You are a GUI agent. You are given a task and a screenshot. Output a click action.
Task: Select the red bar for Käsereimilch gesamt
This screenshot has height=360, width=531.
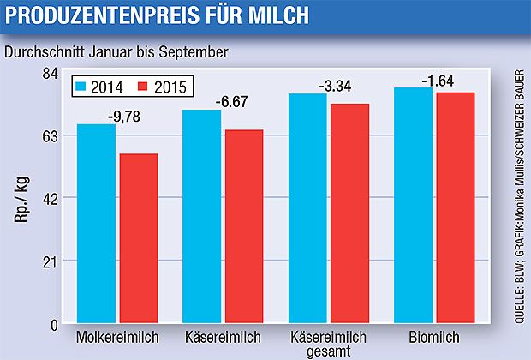pyautogui.click(x=349, y=213)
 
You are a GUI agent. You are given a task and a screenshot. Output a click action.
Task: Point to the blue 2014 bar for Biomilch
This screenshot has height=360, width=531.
pyautogui.click(x=414, y=206)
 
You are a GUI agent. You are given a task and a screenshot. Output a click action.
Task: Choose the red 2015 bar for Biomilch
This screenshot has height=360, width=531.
pyautogui.click(x=456, y=208)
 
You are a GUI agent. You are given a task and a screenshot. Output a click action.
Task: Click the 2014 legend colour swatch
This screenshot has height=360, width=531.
pyautogui.click(x=81, y=87)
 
